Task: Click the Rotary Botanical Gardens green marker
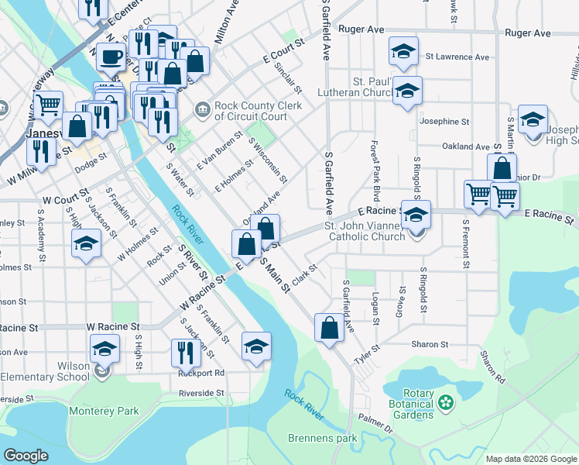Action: click(445, 402)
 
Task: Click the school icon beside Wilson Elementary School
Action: click(104, 349)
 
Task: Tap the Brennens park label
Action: click(322, 438)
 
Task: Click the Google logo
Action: click(26, 456)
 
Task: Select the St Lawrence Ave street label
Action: click(457, 57)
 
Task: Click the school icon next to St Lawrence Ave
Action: click(403, 52)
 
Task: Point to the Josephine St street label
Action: click(444, 122)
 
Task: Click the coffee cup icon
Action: click(111, 57)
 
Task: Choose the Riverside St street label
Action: click(201, 393)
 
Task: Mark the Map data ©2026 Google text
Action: click(531, 459)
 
